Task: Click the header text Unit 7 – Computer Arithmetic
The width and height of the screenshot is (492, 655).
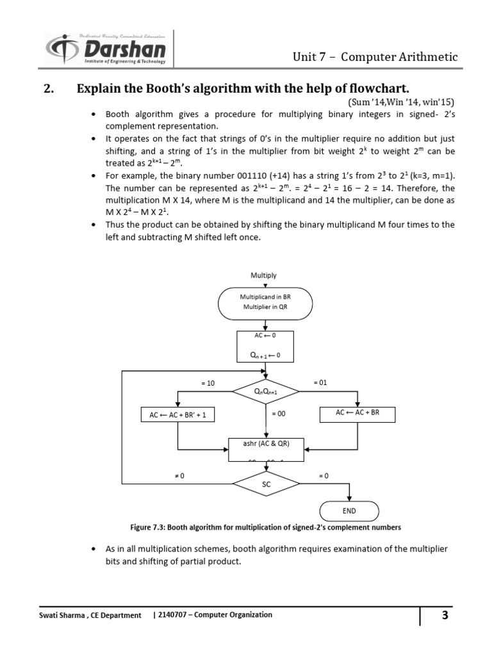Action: coord(375,57)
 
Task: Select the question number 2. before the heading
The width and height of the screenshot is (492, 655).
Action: coord(51,88)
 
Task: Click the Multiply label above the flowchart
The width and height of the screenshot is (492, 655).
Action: coord(263,275)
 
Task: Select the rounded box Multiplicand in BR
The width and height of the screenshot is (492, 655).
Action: coord(265,303)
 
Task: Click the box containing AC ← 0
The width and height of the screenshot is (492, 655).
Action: coord(265,346)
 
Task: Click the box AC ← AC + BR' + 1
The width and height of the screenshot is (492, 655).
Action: coord(178,415)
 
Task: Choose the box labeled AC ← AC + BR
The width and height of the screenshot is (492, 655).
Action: coord(357,413)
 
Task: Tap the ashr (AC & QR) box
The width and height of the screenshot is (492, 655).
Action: coord(265,448)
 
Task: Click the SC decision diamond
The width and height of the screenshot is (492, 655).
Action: coord(265,484)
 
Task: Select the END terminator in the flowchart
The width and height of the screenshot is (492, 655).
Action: coord(349,511)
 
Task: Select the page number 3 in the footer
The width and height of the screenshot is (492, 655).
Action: coord(445,616)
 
